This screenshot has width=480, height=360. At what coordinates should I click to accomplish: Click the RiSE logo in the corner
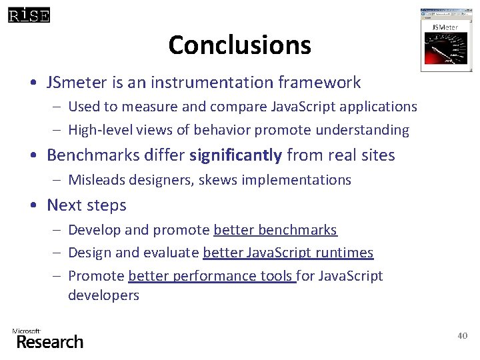[x=29, y=15]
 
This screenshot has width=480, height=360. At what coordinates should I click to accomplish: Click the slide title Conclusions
[x=239, y=45]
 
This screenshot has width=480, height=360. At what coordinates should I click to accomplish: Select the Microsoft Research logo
[x=47, y=339]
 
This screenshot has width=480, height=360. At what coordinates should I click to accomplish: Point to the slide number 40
[x=463, y=335]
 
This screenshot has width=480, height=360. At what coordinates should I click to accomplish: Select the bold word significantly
[x=235, y=155]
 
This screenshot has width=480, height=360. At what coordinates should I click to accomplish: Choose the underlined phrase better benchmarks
[x=275, y=230]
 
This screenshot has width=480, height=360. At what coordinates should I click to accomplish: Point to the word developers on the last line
[x=103, y=295]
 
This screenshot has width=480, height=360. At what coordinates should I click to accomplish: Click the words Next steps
[x=86, y=205]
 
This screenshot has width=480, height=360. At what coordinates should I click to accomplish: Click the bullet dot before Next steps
[x=33, y=205]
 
